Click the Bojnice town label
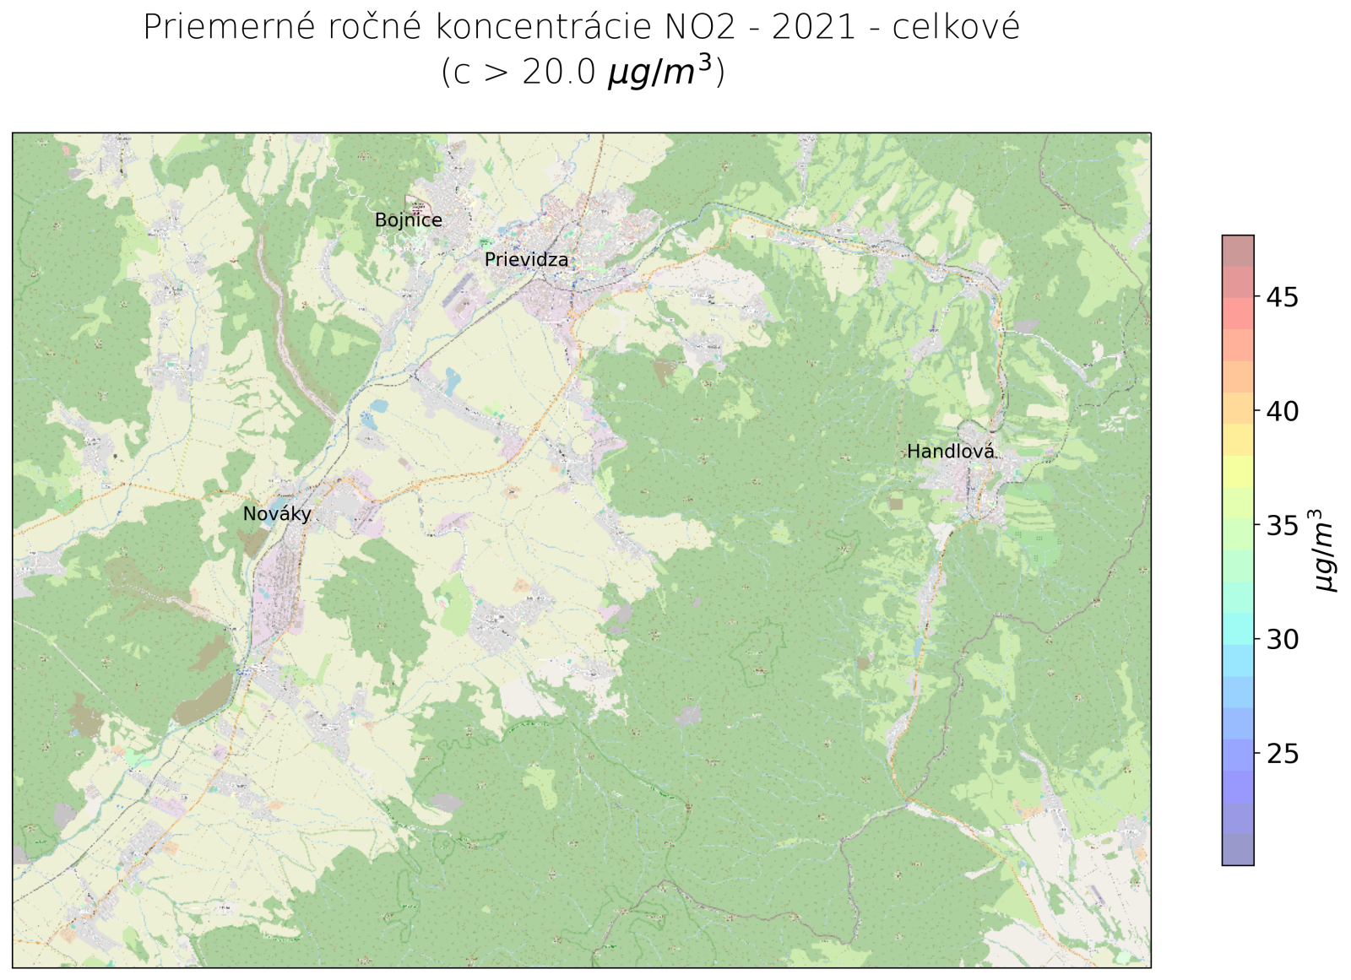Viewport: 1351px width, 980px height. [x=408, y=220]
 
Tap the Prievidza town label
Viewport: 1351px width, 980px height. [x=526, y=260]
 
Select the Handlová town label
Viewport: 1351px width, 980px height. [x=950, y=452]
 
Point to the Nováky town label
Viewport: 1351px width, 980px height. [x=277, y=514]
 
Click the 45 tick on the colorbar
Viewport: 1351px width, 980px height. [x=1282, y=297]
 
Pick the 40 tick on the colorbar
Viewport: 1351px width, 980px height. [x=1282, y=411]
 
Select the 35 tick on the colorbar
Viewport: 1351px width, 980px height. [x=1282, y=526]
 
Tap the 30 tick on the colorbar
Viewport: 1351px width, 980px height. [x=1282, y=640]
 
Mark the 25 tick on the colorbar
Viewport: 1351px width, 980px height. [x=1282, y=754]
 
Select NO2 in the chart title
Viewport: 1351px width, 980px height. [x=695, y=28]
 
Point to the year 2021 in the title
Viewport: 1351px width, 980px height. [x=814, y=28]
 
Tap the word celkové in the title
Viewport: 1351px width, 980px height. [x=955, y=28]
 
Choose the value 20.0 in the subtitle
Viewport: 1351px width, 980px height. [x=558, y=73]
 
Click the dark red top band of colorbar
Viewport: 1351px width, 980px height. [x=1237, y=251]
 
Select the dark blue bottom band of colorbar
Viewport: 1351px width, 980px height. [x=1237, y=849]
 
